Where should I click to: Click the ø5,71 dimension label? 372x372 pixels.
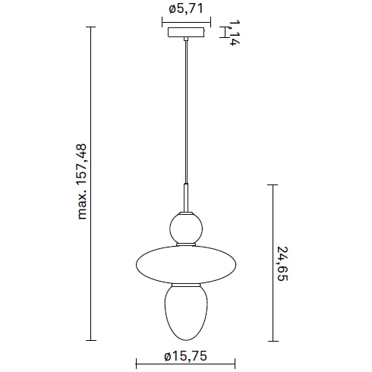point(186,9)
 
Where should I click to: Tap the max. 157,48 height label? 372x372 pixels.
point(83,182)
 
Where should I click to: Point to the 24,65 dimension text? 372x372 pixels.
point(282,262)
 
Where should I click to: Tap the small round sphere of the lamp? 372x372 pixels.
point(186,226)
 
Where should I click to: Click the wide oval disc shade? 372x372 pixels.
point(186,263)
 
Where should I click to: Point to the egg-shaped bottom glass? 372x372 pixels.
point(186,311)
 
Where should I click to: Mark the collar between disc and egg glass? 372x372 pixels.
point(186,285)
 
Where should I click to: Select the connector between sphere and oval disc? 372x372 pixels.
point(186,243)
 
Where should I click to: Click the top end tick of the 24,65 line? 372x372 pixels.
point(273,184)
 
